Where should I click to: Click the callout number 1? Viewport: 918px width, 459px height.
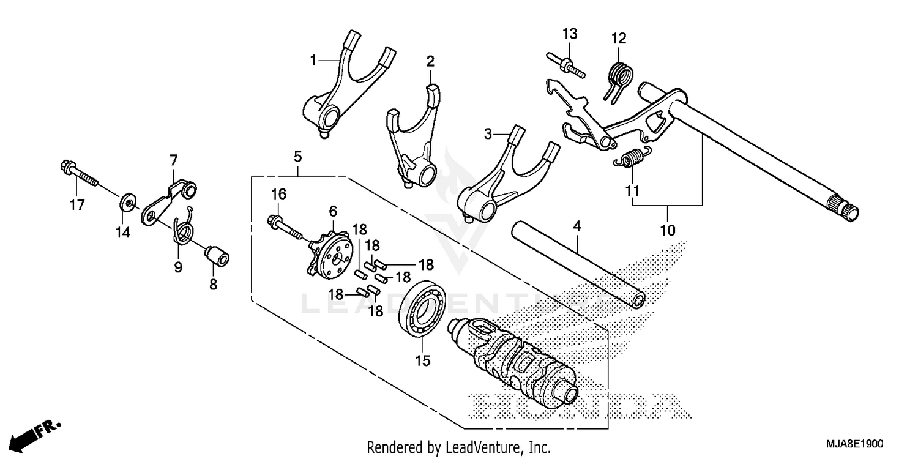pos(313,61)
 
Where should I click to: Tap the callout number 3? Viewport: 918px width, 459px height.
pos(487,133)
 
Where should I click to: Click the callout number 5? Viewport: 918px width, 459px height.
pos(297,157)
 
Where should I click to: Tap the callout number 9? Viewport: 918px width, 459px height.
pos(178,267)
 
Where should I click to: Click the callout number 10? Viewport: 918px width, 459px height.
pos(668,230)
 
